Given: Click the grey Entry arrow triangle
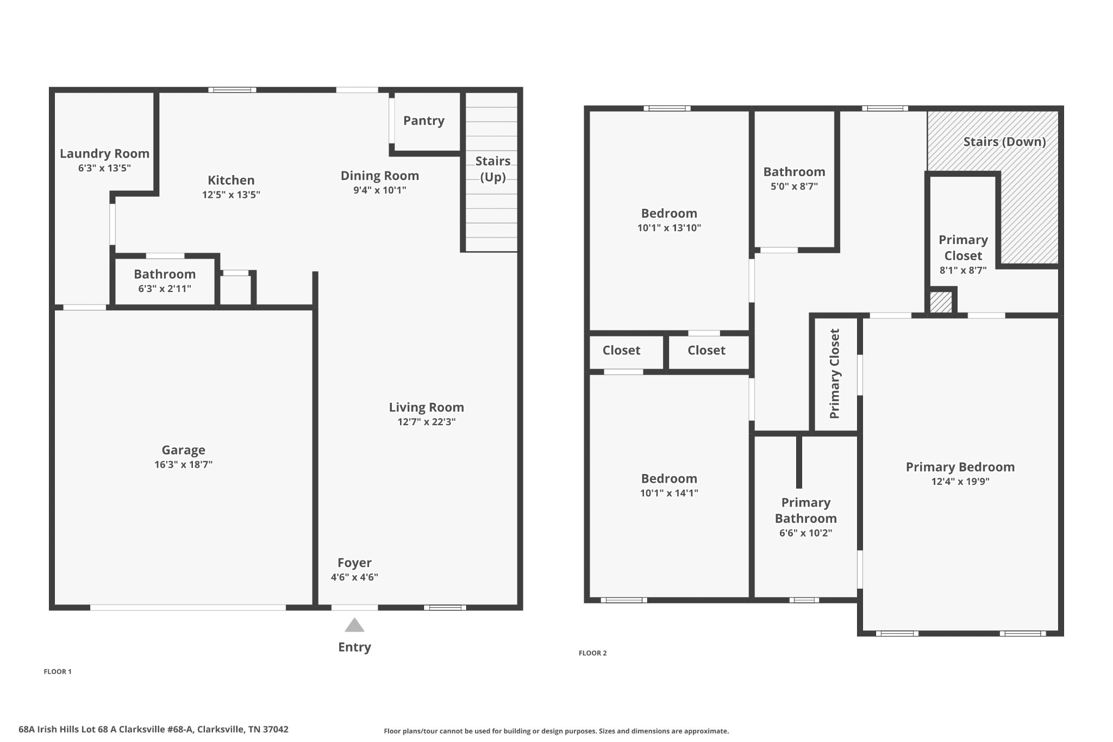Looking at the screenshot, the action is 354,625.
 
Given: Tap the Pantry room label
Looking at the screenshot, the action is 424,121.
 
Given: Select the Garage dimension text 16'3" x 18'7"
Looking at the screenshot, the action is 183,464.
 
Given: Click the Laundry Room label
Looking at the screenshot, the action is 104,154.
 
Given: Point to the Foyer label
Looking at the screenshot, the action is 354,563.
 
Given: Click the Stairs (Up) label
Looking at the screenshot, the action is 493,169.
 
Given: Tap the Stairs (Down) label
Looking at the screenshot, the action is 1004,142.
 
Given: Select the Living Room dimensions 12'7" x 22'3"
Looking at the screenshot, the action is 427,422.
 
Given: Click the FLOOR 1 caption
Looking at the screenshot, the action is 58,671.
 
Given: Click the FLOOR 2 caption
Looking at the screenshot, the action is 592,653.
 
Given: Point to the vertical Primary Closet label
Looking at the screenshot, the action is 835,373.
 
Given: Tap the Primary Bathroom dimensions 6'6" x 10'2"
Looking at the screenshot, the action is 806,533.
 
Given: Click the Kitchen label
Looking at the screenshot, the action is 231,180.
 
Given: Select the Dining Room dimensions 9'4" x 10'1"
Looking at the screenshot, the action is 379,190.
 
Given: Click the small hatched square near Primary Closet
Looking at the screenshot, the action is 941,302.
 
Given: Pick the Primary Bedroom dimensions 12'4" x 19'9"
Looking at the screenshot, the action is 960,482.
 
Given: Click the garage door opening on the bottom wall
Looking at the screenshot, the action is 188,607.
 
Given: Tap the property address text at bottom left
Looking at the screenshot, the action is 153,729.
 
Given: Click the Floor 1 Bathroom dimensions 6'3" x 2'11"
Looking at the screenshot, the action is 165,289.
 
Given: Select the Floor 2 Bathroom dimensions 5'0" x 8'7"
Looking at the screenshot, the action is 794,186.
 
